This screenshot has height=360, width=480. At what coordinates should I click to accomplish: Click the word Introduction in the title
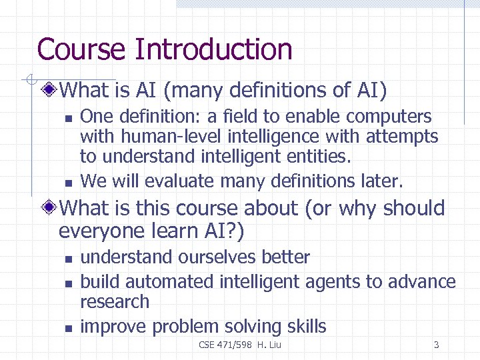click(x=213, y=49)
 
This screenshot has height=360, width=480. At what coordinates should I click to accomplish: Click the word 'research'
click(x=115, y=302)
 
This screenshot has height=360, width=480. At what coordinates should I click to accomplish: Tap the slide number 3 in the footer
click(x=436, y=345)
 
